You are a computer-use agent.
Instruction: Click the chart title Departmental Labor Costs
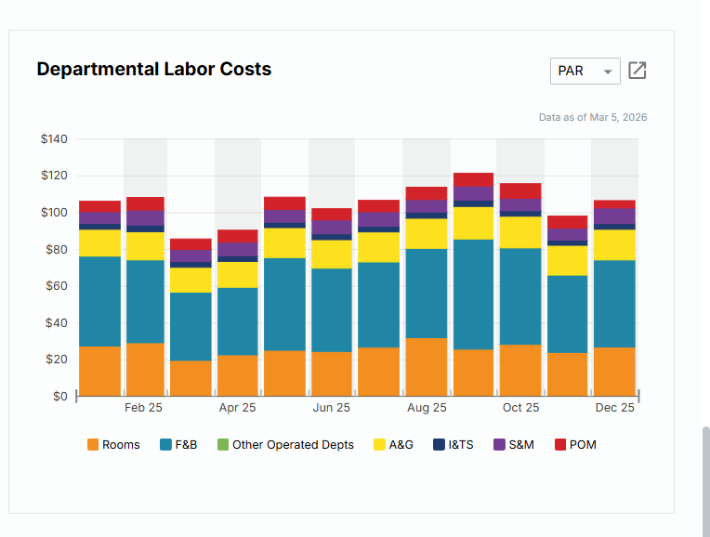[x=153, y=69]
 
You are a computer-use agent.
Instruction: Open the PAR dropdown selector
[x=585, y=71]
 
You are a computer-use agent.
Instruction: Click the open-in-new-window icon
[x=638, y=71]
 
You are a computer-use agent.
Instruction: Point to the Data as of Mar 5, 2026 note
[x=593, y=117]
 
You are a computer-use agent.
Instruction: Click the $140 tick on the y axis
[x=54, y=139]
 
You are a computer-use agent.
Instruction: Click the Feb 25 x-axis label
[x=143, y=408]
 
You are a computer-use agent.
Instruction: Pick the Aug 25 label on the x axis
[x=427, y=408]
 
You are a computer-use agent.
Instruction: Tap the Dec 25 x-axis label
[x=614, y=408]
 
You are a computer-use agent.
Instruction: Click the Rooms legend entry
[x=113, y=445]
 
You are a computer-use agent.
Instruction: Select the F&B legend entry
[x=178, y=445]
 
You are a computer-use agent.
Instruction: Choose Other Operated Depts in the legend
[x=285, y=445]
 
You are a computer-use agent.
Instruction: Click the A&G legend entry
[x=393, y=445]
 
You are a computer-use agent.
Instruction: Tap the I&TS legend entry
[x=454, y=445]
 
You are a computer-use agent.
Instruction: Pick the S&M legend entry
[x=514, y=445]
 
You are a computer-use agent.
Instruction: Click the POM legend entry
[x=575, y=445]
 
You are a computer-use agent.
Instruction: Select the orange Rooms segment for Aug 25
[x=427, y=367]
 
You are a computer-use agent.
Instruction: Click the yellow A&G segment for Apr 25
[x=238, y=275]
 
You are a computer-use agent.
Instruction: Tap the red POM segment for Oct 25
[x=520, y=190]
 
